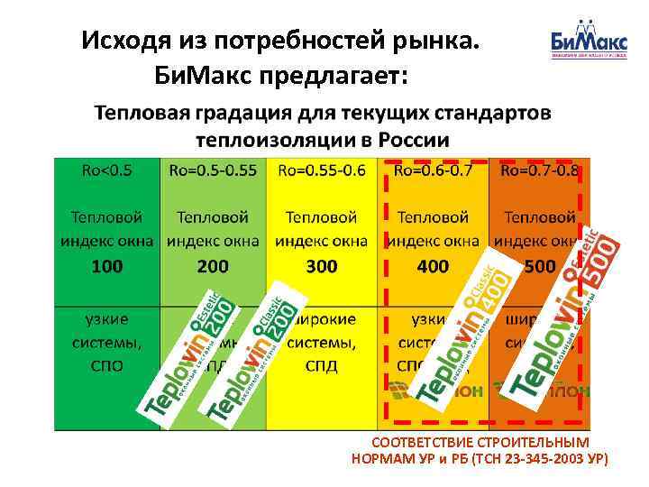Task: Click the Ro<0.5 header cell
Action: point(107,170)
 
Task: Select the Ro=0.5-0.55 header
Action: point(213,170)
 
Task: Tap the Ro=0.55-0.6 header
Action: point(322,170)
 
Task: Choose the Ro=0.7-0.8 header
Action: point(539,170)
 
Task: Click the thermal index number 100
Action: point(107,266)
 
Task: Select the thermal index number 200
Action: point(213,266)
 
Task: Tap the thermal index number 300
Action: point(322,266)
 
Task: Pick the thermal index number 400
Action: point(433,266)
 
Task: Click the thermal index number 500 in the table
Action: point(539,266)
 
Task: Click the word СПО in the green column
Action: point(107,366)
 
